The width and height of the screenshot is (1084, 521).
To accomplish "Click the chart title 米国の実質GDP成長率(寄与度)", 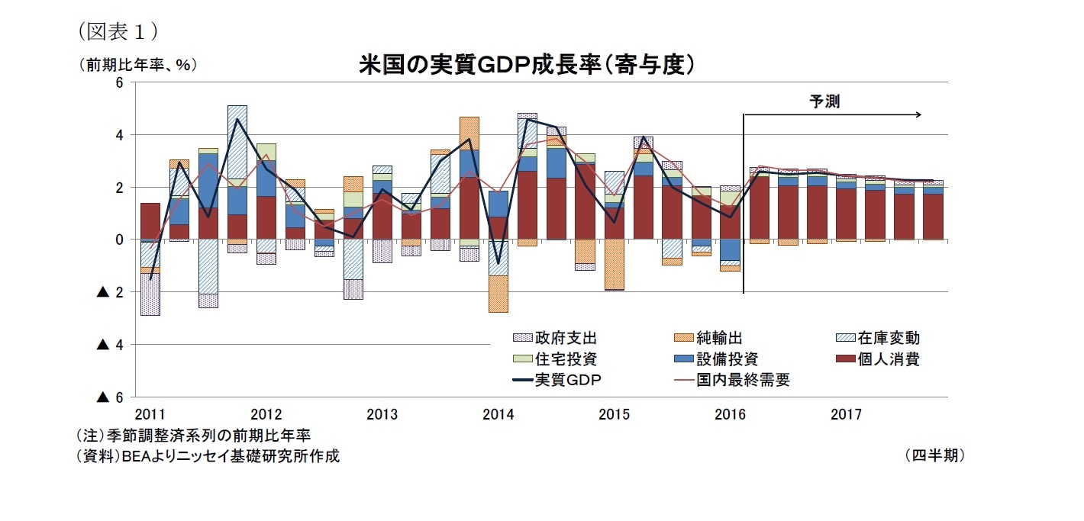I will pos(527,65).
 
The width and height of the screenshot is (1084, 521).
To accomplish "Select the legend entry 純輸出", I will pos(719,338).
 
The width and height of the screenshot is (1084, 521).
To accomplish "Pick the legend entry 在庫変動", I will pos(889,338).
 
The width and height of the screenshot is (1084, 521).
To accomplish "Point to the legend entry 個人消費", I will pos(889,359).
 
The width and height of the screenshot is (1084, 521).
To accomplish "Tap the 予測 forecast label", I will pos(824,101).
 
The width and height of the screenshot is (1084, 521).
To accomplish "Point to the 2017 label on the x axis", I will pos(846,415).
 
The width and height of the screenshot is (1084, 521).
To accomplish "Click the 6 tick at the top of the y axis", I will pos(119,82).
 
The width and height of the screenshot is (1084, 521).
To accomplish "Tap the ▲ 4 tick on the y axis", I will pos(111,345).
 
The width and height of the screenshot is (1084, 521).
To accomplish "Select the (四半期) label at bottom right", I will pos(934,455).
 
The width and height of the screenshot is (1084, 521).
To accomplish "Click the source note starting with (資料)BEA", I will pos(207,456).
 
